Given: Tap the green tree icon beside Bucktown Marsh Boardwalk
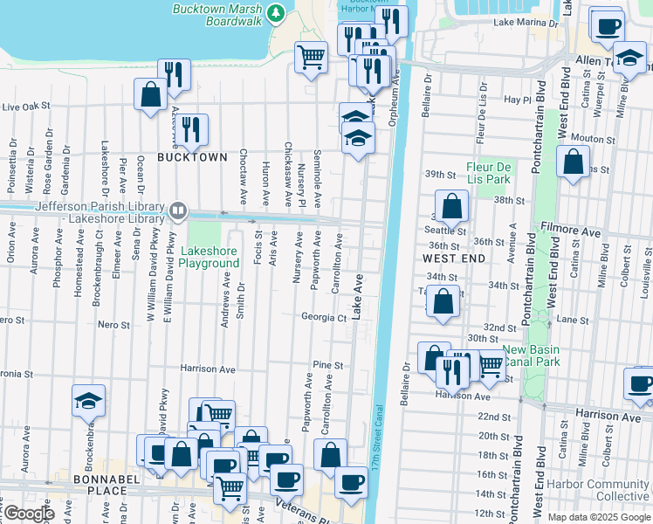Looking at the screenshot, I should point(277,12).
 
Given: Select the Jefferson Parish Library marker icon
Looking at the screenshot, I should point(178,210).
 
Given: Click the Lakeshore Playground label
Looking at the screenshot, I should point(209,257).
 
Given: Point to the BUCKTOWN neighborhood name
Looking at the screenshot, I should point(192,157).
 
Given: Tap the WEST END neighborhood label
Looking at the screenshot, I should point(453,259).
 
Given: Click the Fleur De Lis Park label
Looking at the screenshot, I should point(488,173).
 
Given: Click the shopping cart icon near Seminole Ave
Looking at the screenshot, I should point(311,58).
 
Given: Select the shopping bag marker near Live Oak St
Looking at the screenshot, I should point(150,93).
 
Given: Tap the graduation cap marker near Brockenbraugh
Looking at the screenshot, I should point(89,399).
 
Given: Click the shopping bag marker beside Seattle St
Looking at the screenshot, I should point(452,207).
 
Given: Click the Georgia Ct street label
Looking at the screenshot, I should point(324,317).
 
